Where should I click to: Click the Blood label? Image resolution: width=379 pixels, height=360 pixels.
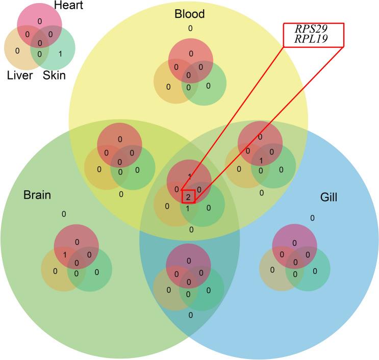point(189,14)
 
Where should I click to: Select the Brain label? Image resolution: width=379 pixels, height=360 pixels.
point(37,195)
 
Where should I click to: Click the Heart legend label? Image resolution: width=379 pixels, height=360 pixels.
point(57,6)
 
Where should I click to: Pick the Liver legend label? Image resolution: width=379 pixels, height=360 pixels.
point(20,76)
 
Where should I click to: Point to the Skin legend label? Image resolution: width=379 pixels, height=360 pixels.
point(54,76)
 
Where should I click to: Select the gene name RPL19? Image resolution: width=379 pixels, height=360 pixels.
point(313,39)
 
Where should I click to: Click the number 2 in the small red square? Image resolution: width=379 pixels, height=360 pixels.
point(188,196)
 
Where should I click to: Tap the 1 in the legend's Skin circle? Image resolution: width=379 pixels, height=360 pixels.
point(60,53)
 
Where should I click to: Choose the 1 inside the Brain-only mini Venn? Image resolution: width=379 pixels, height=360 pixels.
point(65,254)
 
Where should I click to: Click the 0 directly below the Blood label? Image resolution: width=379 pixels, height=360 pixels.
point(190,29)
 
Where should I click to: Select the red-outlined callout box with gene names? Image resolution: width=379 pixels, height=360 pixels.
point(313,35)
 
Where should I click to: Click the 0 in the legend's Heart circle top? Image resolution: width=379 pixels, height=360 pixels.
point(40,21)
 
